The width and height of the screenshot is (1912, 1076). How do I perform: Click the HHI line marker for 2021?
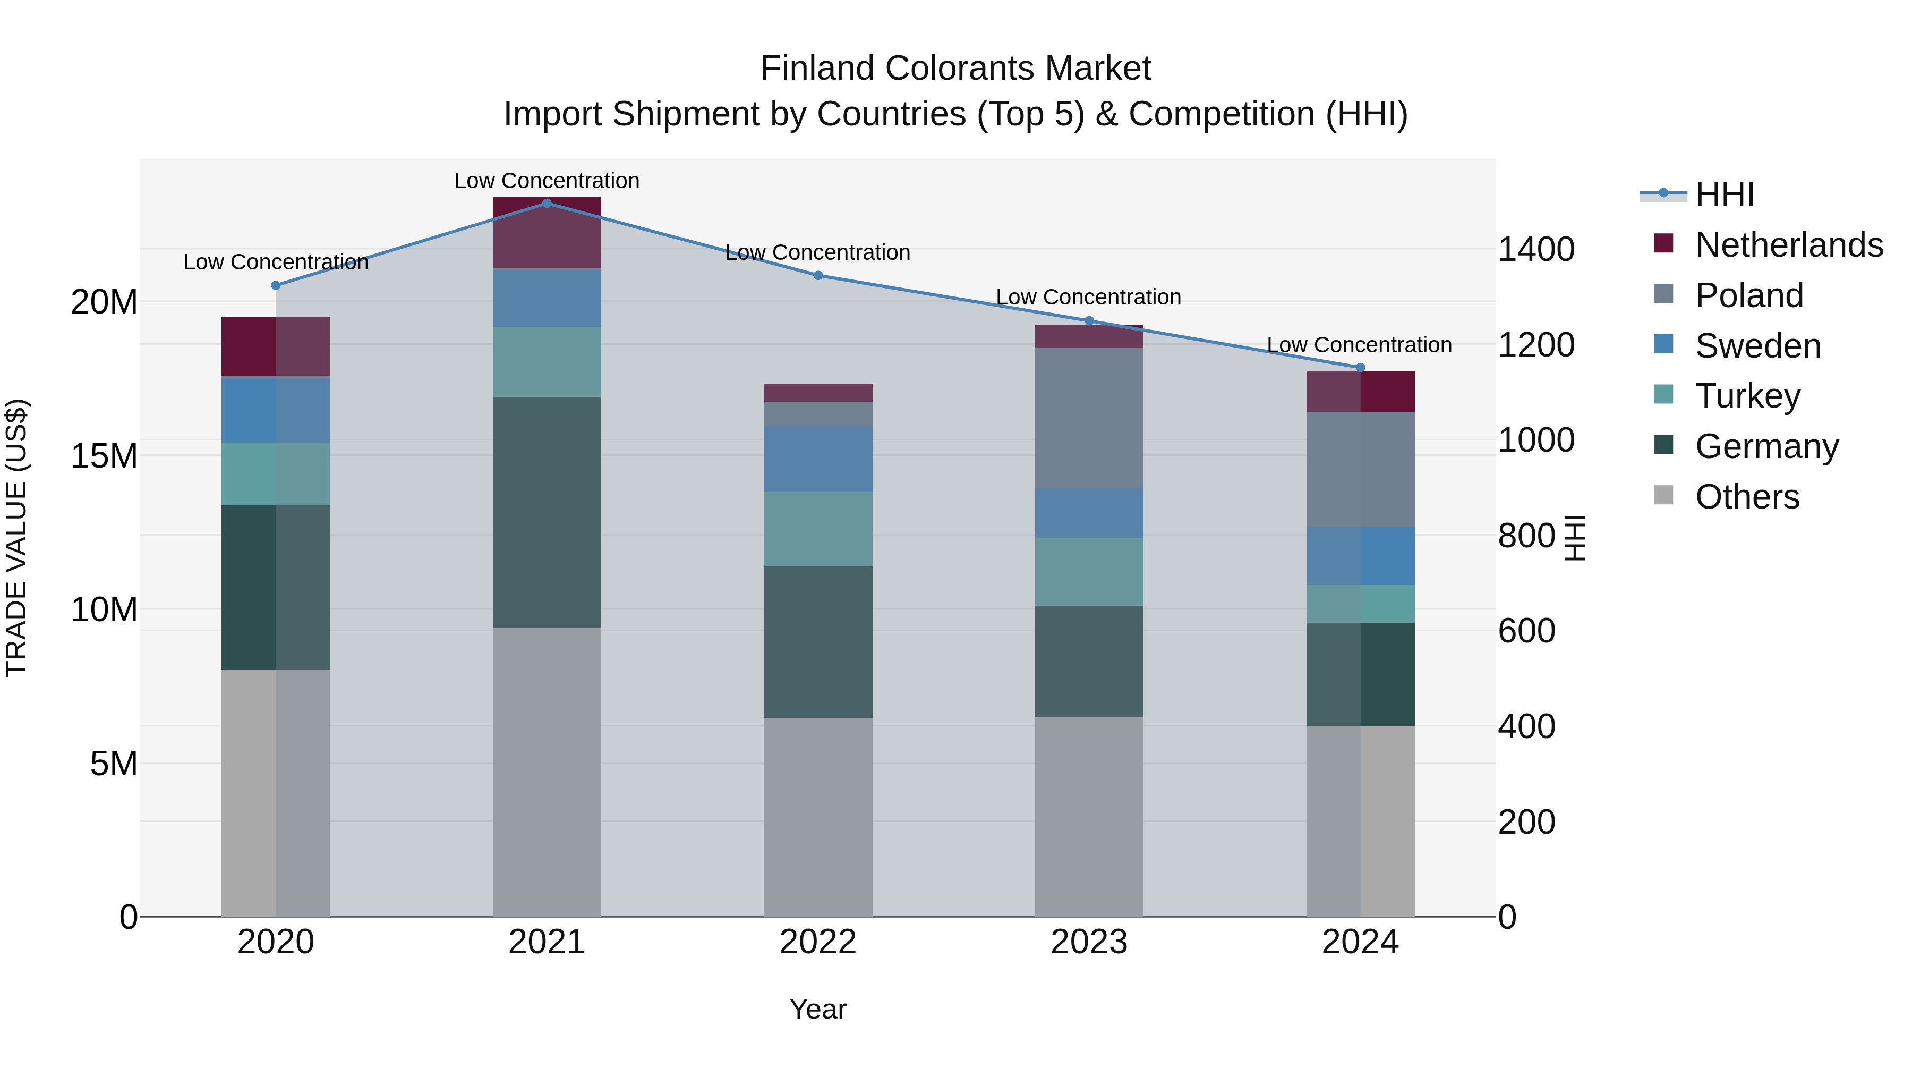(547, 203)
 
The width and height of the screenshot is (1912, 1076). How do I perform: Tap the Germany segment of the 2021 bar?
(547, 512)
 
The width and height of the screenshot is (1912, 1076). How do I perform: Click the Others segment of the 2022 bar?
(818, 817)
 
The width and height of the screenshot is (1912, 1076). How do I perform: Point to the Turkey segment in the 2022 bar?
(818, 529)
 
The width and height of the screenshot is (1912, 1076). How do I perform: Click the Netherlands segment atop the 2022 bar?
(818, 392)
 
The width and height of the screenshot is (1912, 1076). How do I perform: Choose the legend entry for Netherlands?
(1789, 245)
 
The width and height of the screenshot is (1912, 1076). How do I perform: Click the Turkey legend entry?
(1747, 396)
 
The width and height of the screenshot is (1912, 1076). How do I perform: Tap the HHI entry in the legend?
(1724, 194)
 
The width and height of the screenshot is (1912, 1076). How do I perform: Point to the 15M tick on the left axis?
(104, 456)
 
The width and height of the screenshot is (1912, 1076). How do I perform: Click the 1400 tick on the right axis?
(1535, 250)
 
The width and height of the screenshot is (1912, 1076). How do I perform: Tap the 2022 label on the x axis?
(818, 942)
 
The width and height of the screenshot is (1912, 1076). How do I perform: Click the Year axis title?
(818, 1009)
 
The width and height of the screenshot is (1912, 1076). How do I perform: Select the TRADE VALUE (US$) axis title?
(16, 538)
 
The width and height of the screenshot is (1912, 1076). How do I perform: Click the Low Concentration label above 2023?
(1088, 297)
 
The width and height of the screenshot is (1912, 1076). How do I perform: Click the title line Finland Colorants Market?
(955, 69)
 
